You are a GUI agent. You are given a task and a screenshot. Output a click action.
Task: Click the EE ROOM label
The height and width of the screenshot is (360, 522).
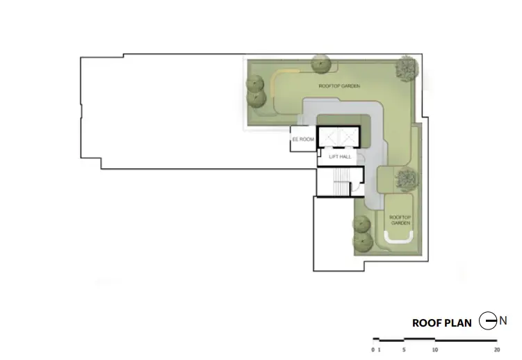(303, 139)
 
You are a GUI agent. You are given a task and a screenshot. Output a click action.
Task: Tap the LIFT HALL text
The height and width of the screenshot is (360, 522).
(340, 156)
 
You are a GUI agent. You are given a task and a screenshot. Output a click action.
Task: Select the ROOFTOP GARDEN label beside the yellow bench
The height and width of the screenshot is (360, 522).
(339, 86)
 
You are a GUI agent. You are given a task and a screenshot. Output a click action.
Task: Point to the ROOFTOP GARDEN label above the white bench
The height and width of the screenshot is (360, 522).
(400, 220)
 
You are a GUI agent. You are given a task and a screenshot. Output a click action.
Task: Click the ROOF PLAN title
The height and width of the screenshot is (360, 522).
(442, 323)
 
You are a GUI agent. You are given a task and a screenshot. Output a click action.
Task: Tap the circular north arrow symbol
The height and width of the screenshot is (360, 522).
(488, 321)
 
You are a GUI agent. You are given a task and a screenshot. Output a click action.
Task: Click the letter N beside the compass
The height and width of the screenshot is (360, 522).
(503, 321)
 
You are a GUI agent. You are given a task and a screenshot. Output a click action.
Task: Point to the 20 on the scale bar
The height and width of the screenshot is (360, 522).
(497, 350)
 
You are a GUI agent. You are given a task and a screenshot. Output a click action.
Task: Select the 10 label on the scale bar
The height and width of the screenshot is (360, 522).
(435, 350)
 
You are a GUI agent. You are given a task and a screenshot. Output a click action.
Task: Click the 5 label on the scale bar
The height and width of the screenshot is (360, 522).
(404, 350)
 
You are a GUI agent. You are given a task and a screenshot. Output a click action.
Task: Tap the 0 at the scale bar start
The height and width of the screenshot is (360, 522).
(373, 350)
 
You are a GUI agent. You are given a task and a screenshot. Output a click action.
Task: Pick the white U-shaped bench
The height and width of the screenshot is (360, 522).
(399, 238)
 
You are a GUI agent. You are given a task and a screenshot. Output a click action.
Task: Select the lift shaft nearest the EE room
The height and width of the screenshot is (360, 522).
(327, 137)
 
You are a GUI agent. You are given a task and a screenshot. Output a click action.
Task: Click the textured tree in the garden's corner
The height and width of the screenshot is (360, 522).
(406, 67)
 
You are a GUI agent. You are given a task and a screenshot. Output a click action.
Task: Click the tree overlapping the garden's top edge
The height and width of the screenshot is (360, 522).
(321, 63)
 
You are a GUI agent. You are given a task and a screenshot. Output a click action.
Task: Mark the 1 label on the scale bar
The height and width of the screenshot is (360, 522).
(380, 350)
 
